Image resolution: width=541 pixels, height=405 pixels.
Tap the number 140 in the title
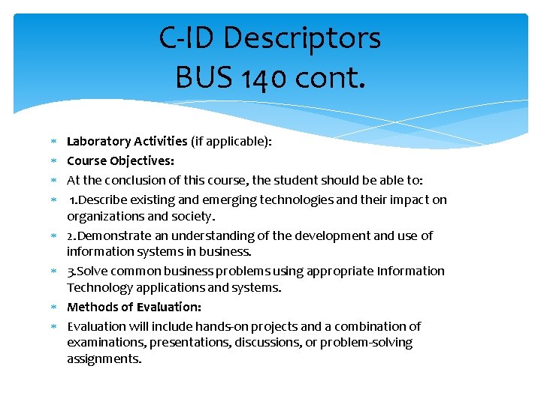(x=255, y=76)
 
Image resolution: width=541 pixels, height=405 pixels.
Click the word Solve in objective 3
(x=93, y=271)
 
